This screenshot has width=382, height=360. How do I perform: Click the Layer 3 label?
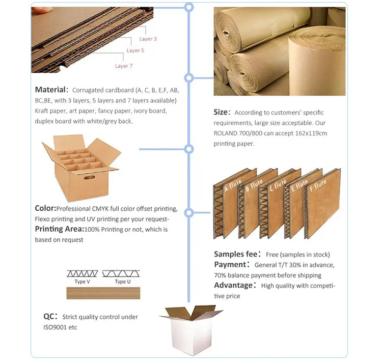(x=148, y=39)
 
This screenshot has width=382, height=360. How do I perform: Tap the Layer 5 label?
(x=135, y=50)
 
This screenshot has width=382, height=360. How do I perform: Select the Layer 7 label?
(x=124, y=66)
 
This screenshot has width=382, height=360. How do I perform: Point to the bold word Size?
(x=221, y=112)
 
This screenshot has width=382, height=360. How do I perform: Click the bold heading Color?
(x=45, y=208)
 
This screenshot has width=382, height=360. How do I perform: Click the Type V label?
(x=83, y=282)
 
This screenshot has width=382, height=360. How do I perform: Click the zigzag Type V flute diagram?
(x=83, y=273)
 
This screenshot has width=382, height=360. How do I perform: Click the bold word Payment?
(x=230, y=265)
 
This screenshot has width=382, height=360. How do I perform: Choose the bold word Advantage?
(x=233, y=285)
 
